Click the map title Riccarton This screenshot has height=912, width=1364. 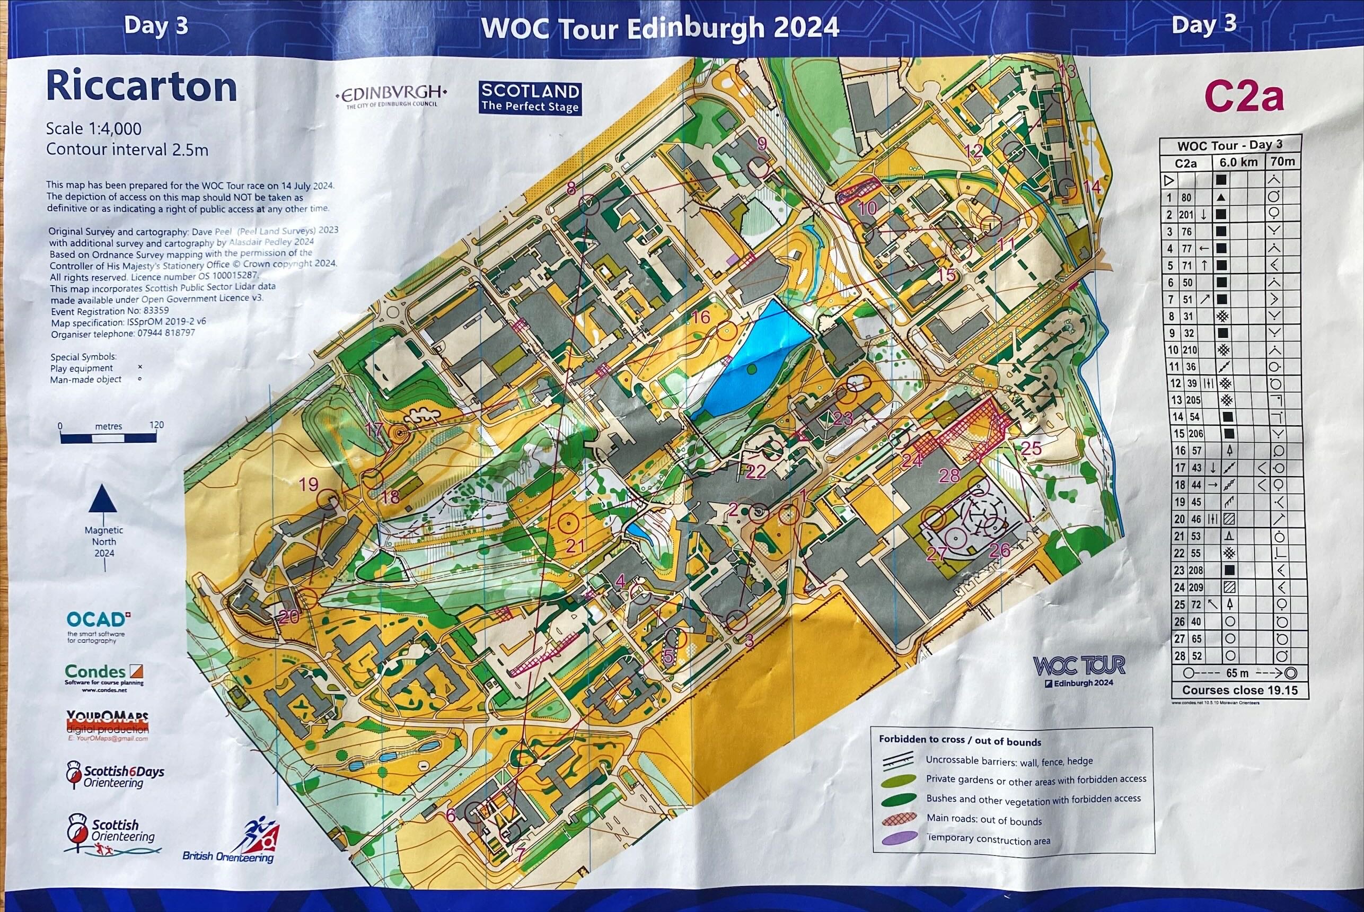142,87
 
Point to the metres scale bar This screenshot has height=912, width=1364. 108,437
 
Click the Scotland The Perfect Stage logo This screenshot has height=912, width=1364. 530,98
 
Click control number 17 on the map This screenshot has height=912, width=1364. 374,430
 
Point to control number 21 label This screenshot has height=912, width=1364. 575,546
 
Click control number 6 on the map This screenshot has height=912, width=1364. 451,816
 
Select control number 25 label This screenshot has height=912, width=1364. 1031,448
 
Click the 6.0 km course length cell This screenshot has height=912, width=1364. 1238,162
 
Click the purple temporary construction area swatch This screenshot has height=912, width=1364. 900,839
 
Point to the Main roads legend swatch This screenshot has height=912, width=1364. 900,820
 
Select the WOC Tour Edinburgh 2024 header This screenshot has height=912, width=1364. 660,28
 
